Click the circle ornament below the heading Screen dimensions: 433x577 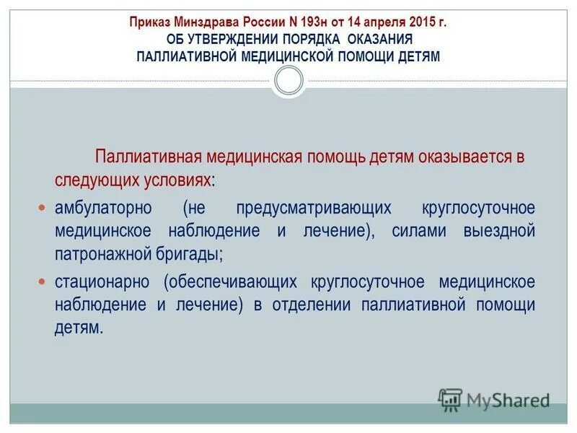pos(288,81)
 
